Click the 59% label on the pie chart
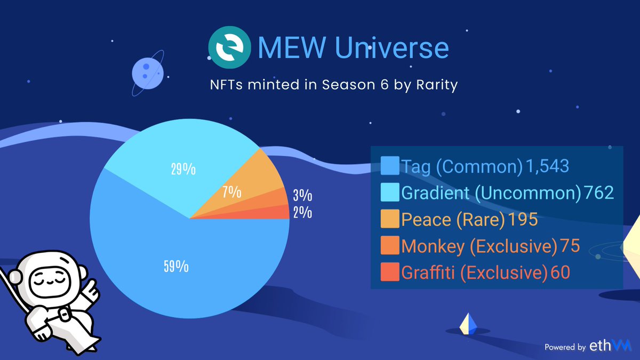[175, 266]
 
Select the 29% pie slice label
[182, 170]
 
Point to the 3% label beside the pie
[302, 196]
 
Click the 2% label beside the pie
[302, 213]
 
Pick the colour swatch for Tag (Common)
[390, 166]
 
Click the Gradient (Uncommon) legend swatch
[390, 193]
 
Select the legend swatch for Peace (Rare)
[390, 220]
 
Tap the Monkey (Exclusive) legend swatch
[390, 246]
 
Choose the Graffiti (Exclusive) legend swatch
[390, 273]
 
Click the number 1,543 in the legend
[547, 167]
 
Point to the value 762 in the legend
[599, 193]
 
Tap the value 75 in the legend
[569, 246]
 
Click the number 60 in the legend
[561, 273]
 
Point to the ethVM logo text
[610, 346]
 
